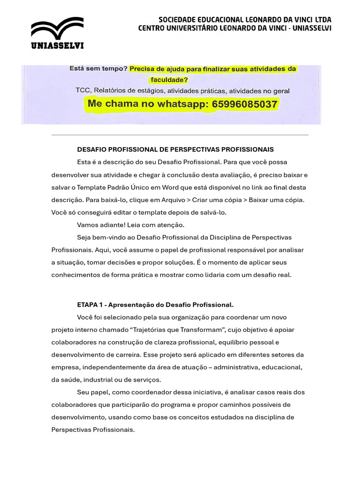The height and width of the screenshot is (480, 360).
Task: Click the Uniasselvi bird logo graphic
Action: tap(57, 29)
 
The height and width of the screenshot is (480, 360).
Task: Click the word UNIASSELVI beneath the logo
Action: tap(57, 45)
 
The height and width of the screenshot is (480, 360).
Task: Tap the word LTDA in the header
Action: tap(322, 20)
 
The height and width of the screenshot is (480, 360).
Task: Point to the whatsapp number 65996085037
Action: tap(245, 104)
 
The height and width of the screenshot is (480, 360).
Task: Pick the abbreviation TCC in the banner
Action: tap(83, 91)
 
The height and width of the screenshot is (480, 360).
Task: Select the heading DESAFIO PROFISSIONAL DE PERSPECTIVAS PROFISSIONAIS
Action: tap(175, 150)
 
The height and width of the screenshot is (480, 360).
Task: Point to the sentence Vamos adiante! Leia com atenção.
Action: tap(131, 225)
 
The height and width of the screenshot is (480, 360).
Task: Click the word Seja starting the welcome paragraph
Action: tap(84, 238)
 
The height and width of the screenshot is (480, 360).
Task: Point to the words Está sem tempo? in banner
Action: tap(98, 68)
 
